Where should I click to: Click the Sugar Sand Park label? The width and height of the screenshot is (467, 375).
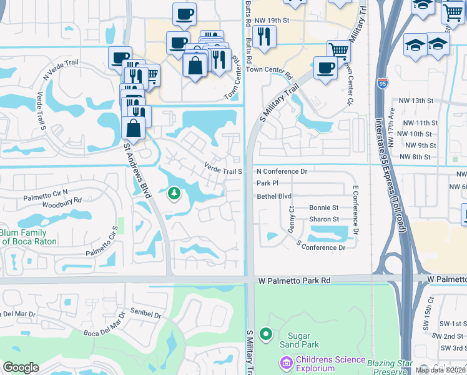tap(303, 340)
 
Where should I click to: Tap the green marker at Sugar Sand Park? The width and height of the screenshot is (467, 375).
tap(267, 335)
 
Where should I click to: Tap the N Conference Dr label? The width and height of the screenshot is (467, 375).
tap(282, 171)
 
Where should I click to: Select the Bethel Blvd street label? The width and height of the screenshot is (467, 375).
tap(274, 196)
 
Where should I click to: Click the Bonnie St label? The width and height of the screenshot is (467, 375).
tap(323, 207)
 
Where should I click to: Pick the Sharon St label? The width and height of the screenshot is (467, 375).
tap(323, 219)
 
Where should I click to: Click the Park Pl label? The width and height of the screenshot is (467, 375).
tap(267, 184)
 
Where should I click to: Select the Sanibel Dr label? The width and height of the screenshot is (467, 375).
tap(146, 313)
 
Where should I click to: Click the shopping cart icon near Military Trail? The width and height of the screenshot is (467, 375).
tap(338, 50)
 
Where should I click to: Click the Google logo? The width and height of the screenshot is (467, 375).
tap(21, 367)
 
